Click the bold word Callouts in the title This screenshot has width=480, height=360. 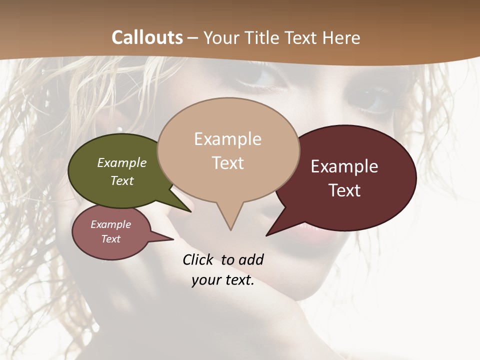[x=147, y=37]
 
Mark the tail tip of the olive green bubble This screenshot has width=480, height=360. [x=190, y=211]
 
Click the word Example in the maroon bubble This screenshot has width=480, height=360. [x=344, y=166]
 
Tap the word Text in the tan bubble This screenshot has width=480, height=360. [x=228, y=163]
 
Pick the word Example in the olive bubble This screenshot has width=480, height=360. [x=122, y=163]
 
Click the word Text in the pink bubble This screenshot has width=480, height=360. [x=111, y=239]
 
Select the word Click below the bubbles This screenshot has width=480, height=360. [x=198, y=259]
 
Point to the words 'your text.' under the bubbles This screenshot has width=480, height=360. [x=223, y=280]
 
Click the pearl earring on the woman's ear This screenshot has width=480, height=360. [x=119, y=129]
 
